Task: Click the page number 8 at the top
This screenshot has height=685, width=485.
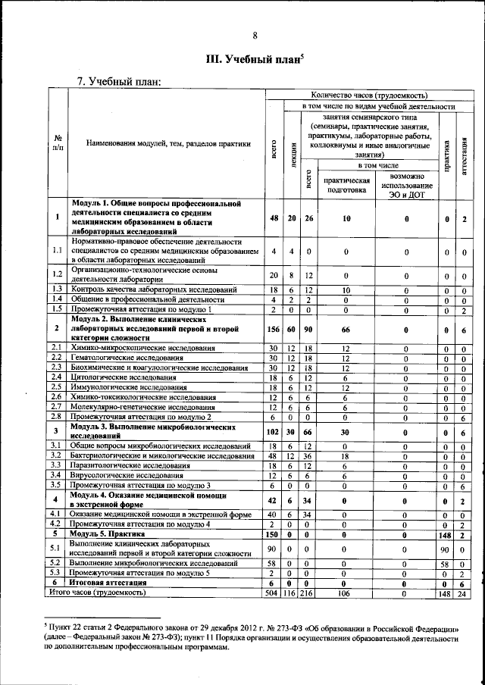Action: tap(255, 36)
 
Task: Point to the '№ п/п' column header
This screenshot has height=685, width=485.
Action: tap(58, 143)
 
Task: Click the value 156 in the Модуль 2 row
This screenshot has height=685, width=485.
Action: tap(272, 328)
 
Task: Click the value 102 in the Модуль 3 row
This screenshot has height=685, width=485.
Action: tap(272, 431)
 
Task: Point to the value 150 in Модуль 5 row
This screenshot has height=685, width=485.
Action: tap(272, 533)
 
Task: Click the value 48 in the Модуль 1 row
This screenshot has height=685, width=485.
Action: tap(272, 218)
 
